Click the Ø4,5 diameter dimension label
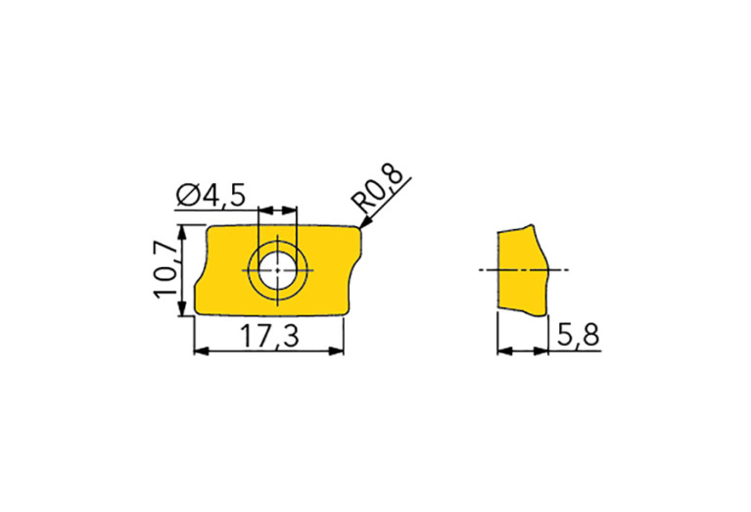pos(211,195)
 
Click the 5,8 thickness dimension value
pos(578,334)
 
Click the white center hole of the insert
pos(277,270)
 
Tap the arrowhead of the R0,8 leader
pos(365,222)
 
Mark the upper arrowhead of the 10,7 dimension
pos(181,232)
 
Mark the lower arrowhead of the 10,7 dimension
pos(181,308)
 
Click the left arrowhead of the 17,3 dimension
pos(201,351)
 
